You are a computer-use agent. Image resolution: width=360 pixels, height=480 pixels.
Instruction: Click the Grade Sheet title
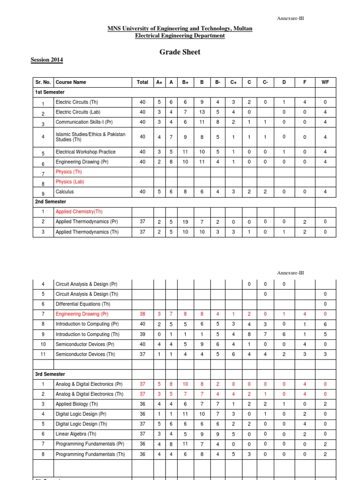180,52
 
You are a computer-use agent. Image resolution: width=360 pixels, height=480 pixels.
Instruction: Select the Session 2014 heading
47,60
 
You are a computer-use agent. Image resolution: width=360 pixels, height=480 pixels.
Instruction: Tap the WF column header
325,82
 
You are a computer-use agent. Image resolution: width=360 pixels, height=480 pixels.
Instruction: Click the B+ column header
185,82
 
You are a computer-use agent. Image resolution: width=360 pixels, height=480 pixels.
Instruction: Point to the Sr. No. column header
43,82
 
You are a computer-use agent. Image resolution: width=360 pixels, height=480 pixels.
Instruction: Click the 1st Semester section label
50,92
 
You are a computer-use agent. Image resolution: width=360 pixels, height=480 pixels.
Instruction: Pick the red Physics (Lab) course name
70,182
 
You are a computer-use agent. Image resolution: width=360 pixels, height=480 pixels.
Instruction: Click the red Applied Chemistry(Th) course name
79,212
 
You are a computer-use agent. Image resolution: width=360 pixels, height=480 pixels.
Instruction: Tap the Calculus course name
65,192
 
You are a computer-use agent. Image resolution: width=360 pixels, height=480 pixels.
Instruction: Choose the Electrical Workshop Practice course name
85,152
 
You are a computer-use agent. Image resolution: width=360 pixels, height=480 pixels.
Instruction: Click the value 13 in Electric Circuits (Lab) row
202,112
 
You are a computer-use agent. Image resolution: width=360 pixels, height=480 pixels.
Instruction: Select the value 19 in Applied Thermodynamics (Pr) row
185,222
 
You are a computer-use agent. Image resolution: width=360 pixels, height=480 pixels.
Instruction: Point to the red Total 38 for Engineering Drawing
142,314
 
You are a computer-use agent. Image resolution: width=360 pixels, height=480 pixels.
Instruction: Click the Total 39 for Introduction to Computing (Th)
142,334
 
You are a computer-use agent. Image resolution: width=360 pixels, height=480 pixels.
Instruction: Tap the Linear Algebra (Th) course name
76,434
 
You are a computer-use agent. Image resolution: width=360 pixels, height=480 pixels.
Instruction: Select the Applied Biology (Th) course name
77,404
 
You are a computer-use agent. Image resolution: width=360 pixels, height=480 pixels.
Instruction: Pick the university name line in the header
180,29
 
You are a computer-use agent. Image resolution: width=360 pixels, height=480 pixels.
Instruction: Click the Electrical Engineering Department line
180,36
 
